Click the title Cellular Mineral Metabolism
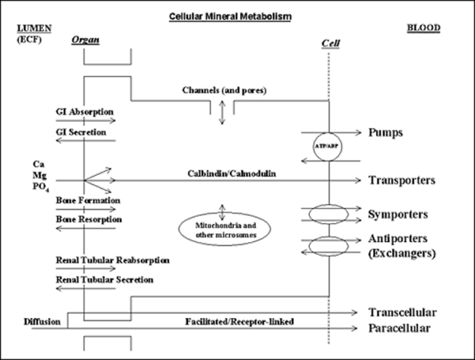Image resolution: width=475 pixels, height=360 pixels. [x=230, y=16]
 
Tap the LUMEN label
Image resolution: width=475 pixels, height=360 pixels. [x=34, y=28]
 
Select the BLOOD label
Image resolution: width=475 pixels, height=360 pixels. [x=423, y=28]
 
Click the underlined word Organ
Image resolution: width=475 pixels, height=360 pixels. [x=85, y=40]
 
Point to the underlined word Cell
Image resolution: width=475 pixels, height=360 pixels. [x=330, y=43]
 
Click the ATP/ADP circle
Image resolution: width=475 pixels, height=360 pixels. [x=328, y=147]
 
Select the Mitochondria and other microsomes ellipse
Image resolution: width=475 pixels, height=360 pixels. [x=225, y=229]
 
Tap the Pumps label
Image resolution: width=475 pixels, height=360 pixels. [x=385, y=132]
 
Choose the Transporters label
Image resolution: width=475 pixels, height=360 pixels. [x=402, y=180]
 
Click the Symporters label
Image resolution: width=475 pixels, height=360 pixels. [x=398, y=215]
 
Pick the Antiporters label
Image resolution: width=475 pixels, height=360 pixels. [x=398, y=238]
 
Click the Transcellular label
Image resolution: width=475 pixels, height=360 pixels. [x=402, y=312]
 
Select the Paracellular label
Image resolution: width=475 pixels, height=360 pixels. [x=400, y=328]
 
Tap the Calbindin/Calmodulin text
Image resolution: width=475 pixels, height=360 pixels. [x=231, y=174]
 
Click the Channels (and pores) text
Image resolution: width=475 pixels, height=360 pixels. [x=224, y=91]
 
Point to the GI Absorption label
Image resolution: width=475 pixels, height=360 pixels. [x=84, y=112]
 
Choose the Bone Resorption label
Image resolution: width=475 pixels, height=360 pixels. [x=89, y=219]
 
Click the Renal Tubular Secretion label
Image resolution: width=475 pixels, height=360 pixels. [x=104, y=279]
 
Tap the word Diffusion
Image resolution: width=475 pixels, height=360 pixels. [x=42, y=321]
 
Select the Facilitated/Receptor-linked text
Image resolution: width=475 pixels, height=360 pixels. [x=239, y=321]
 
